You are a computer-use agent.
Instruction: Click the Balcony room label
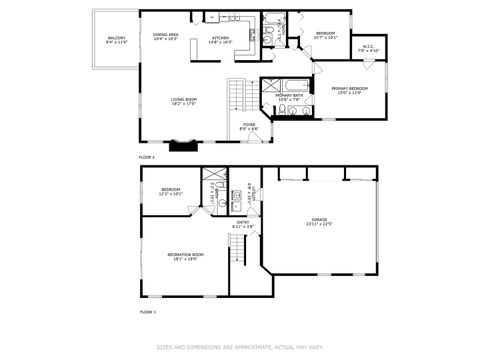[x=116, y=40]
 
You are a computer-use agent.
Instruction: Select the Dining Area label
[x=166, y=36]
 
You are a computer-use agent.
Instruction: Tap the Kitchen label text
[x=220, y=40]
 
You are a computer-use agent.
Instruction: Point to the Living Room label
[x=182, y=101]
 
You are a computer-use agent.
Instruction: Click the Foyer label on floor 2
[x=248, y=126]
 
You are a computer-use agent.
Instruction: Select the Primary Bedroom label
[x=350, y=90]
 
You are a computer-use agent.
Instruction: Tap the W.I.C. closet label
[x=368, y=47]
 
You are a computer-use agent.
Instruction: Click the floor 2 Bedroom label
[x=326, y=35]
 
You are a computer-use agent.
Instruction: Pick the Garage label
[x=319, y=221]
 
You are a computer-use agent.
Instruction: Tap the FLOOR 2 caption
[x=147, y=158]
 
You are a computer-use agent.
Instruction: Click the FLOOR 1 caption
[x=147, y=313]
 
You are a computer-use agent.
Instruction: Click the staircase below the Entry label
[x=237, y=252]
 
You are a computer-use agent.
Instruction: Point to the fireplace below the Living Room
[x=183, y=145]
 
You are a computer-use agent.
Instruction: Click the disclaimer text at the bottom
[x=240, y=348]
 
